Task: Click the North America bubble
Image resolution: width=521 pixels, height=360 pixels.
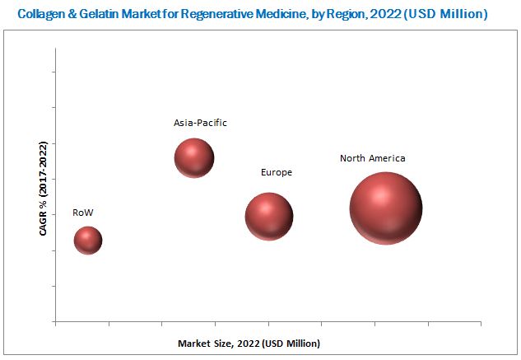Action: (x=385, y=208)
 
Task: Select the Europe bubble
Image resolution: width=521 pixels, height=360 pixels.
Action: (x=269, y=217)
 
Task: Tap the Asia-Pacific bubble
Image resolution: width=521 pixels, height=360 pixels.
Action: (x=194, y=157)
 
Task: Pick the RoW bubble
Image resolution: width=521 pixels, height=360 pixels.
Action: (x=88, y=240)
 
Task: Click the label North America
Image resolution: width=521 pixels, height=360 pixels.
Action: (x=373, y=158)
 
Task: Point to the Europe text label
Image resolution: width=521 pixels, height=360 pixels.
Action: (x=277, y=173)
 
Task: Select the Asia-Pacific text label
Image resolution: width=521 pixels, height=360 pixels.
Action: (x=200, y=123)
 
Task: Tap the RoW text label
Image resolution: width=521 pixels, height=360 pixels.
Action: (x=83, y=213)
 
